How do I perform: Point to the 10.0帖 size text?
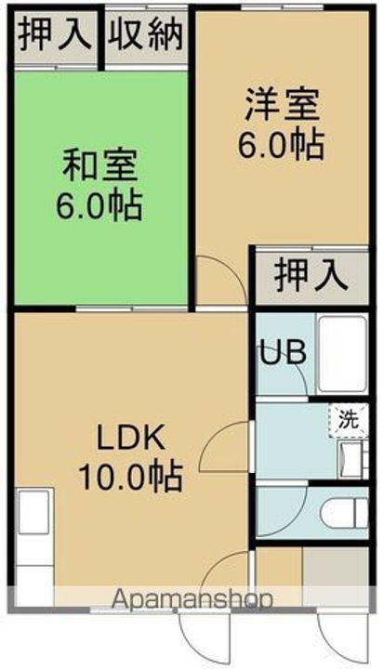129,478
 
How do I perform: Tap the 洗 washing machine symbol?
346,419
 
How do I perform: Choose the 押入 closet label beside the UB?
311,276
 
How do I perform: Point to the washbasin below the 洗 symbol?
350,457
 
